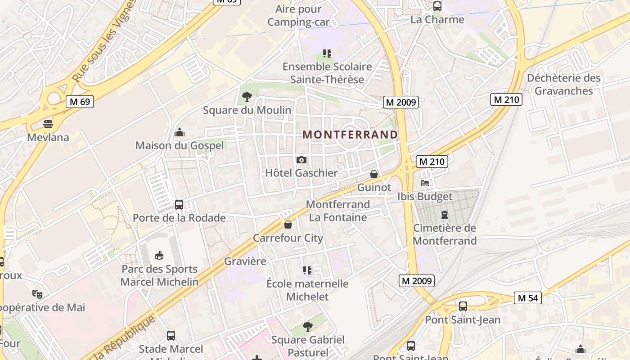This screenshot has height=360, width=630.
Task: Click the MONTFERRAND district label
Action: click(x=350, y=135)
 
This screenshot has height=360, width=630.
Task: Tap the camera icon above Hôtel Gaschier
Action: click(x=301, y=160)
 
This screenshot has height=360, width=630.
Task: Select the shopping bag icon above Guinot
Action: click(x=374, y=174)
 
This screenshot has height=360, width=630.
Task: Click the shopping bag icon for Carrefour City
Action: click(x=288, y=225)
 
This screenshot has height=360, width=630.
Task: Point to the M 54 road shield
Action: click(x=528, y=298)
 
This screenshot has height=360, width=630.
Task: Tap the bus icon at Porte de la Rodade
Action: click(x=179, y=205)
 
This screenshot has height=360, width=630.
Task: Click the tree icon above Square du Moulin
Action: click(x=247, y=96)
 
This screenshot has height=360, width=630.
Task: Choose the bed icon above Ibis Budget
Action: click(x=425, y=183)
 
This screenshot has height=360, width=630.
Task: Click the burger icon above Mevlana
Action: click(x=48, y=124)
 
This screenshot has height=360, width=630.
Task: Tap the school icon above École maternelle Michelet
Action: click(x=307, y=270)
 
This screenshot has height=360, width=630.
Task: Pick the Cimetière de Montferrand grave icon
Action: click(x=445, y=215)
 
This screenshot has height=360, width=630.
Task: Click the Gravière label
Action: click(x=245, y=261)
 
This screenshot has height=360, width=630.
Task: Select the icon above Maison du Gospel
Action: click(x=180, y=132)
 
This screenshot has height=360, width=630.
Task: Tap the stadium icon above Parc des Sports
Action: click(x=159, y=256)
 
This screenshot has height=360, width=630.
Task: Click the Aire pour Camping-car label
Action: click(x=298, y=15)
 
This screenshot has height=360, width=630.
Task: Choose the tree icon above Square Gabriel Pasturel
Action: click(x=308, y=327)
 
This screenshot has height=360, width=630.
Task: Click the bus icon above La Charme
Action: click(x=437, y=6)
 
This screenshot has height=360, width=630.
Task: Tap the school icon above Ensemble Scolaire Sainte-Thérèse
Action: click(x=327, y=54)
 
